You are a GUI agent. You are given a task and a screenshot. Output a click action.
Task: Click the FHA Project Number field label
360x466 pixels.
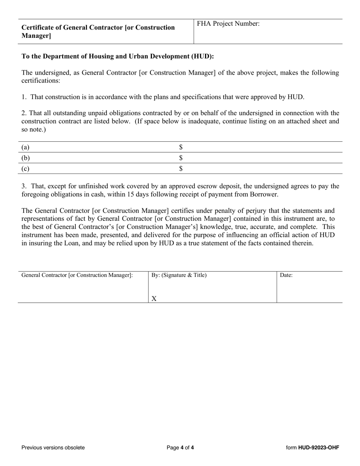[228, 24]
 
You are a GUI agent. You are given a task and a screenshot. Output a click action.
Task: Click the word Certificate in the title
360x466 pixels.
[38, 28]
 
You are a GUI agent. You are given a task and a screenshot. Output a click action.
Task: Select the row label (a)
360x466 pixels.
[25, 147]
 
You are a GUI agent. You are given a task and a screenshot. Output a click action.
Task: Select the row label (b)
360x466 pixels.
[25, 158]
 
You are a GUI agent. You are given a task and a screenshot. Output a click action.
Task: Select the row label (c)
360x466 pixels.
[25, 169]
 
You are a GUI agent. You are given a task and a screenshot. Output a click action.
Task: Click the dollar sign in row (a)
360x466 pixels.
[181, 147]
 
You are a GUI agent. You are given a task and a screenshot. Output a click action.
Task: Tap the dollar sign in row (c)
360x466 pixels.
[181, 169]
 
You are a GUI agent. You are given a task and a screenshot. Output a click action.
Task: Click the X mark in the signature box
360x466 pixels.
[154, 299]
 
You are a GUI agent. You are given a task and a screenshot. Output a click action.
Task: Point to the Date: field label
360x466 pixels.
[286, 275]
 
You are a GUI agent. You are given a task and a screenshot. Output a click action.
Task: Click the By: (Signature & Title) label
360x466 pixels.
[179, 275]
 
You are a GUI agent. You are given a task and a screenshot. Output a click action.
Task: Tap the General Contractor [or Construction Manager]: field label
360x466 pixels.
[77, 275]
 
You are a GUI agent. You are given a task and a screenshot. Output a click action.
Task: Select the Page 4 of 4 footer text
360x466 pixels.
[180, 447]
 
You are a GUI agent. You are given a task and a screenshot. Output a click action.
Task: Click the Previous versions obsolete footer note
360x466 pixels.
[53, 447]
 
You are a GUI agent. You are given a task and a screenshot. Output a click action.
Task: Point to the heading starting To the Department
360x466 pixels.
[117, 56]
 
